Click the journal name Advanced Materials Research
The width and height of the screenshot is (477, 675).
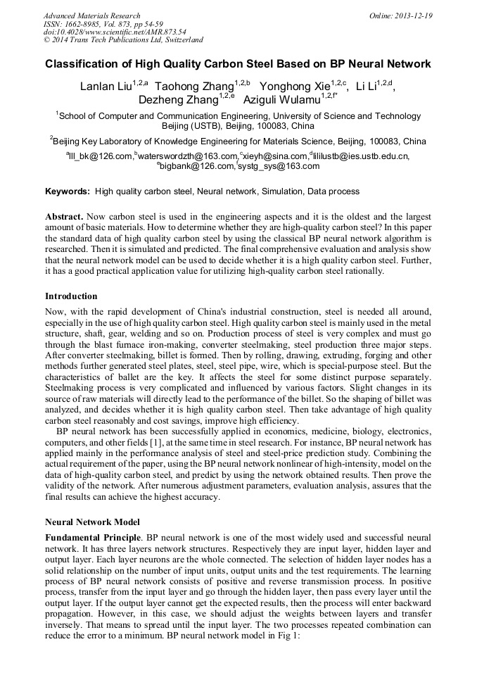pos(91,15)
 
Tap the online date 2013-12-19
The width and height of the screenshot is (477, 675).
pos(412,15)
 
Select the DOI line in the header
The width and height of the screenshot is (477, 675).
pos(115,32)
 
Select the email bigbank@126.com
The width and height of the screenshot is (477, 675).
pos(198,166)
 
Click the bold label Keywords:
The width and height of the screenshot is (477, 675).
pos(68,191)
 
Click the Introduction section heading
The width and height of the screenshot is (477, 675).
pos(71,296)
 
